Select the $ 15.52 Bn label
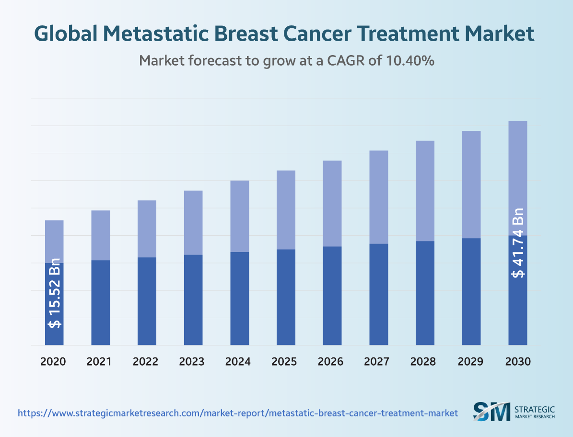pos(55,293)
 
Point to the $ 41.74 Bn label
pos(518,243)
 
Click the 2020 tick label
pos(53,361)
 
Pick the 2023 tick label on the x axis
pos(192,361)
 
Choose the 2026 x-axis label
pos(331,361)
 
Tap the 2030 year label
pos(518,361)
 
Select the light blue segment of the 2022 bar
pos(147,229)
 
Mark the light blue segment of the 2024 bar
pos(240,216)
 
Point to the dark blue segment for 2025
pos(286,297)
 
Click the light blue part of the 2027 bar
pos(378,197)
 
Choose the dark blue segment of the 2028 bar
pos(425,293)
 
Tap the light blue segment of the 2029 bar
pos(471,184)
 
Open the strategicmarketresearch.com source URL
pos(238,413)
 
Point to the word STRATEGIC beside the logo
pos(534,409)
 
